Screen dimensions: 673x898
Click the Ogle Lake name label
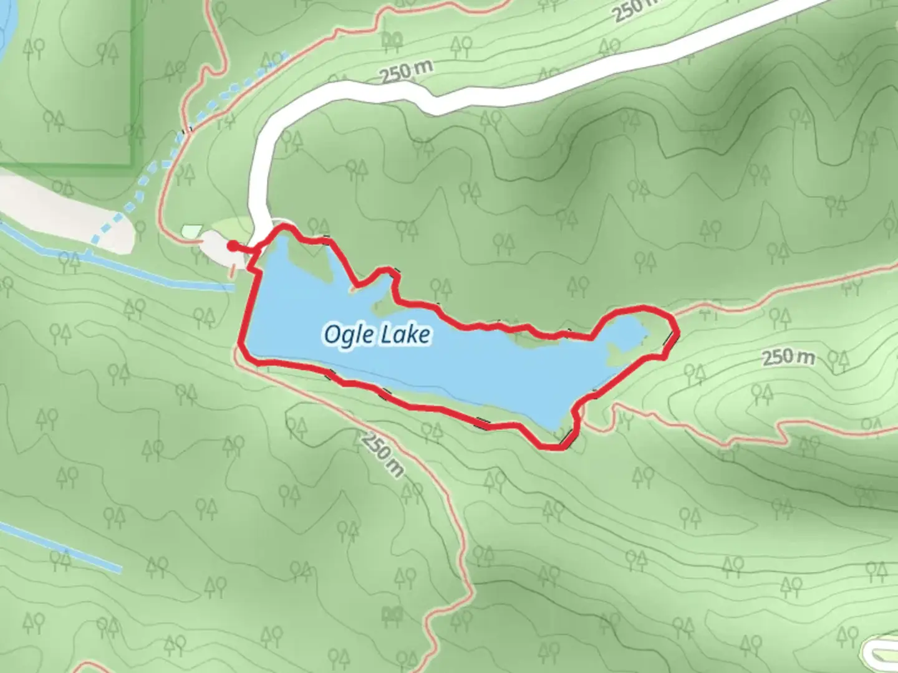(377, 335)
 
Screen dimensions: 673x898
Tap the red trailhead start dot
(232, 246)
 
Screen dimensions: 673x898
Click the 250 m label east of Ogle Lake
(788, 357)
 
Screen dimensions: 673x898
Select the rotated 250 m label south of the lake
(381, 454)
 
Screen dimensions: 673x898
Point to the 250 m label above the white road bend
(406, 72)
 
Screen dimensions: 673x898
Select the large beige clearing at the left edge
(62, 212)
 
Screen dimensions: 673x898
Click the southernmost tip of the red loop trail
(552, 447)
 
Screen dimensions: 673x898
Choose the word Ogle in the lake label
(344, 335)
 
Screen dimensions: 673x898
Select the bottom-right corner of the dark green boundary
(132, 164)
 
